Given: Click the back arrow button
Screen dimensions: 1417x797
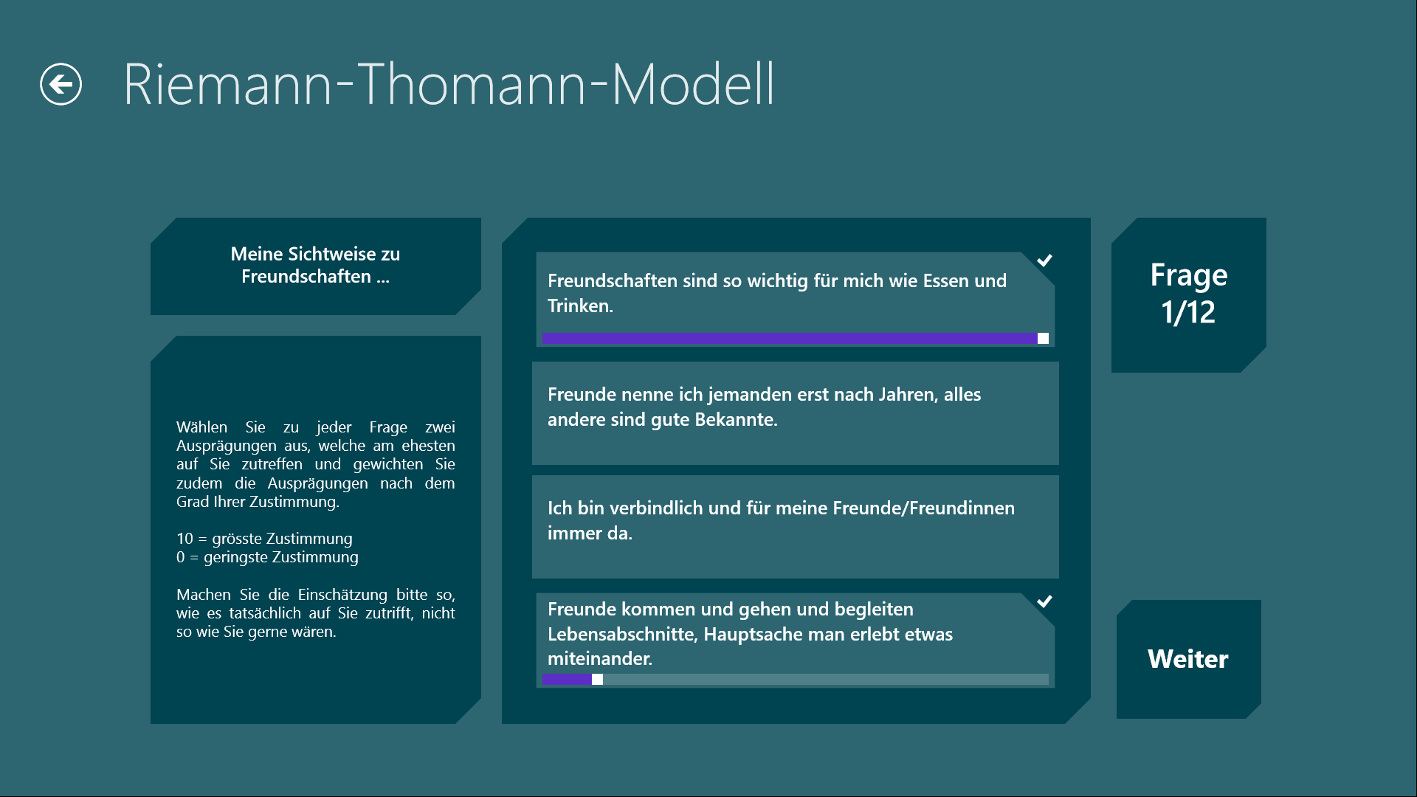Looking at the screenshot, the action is [61, 84].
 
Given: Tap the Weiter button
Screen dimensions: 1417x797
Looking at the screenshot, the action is [1188, 659].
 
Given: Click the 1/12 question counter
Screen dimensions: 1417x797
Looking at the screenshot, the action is [1188, 312].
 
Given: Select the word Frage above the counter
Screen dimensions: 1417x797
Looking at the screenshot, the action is [1189, 275].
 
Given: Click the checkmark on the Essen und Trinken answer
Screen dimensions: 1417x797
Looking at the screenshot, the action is [1044, 260].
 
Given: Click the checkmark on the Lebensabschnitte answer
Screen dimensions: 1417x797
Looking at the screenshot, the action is [1044, 601].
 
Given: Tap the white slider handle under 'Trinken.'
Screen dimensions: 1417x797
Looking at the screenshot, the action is [1043, 338].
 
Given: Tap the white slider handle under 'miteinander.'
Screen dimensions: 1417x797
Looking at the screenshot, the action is [597, 679].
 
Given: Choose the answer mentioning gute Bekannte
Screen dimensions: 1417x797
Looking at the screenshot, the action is [796, 413].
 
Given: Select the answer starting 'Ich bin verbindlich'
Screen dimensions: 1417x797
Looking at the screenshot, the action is [796, 527].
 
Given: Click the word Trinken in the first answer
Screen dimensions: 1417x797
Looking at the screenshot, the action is [580, 306].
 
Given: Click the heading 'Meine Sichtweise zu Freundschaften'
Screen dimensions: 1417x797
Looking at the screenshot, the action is [315, 265].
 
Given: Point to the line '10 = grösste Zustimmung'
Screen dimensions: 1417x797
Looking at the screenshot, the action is [264, 539].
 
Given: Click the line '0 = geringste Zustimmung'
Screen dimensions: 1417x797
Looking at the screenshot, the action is [267, 557].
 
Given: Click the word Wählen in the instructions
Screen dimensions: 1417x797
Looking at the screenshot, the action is [202, 427].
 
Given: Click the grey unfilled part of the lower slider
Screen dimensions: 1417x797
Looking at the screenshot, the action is [826, 679].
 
